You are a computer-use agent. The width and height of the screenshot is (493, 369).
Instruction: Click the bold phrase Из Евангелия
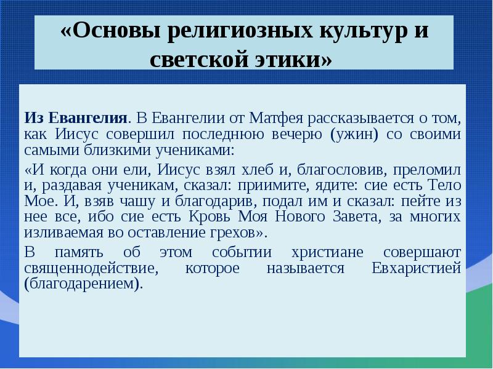[77, 117]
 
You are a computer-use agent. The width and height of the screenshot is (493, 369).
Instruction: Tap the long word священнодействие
[88, 269]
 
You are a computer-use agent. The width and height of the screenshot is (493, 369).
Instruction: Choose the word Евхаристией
[416, 269]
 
